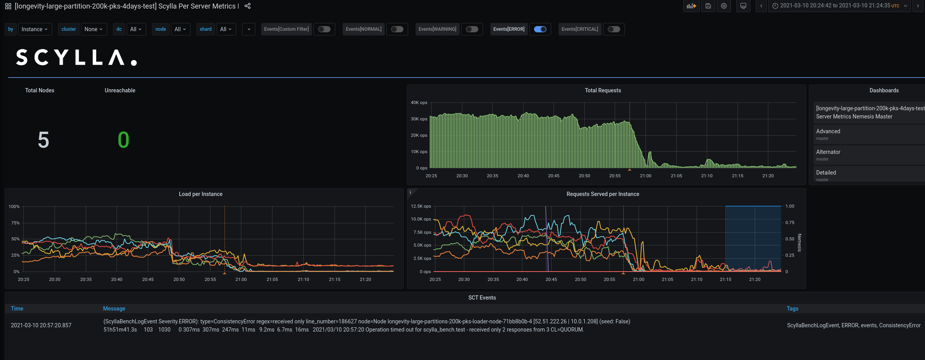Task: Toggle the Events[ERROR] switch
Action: point(540,29)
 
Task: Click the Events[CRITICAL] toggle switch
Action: point(614,29)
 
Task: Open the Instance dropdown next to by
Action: point(35,29)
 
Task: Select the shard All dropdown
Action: point(226,29)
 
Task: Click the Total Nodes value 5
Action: point(43,140)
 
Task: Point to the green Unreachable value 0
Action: point(123,140)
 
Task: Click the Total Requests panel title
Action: point(603,90)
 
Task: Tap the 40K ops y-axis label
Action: point(419,102)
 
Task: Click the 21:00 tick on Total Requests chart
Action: point(646,176)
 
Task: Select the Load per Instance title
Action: point(200,194)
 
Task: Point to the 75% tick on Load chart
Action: point(15,223)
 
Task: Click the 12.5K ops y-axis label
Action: point(421,206)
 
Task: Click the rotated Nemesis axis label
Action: point(799,243)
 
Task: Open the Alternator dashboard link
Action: point(828,152)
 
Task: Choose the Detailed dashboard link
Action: point(826,173)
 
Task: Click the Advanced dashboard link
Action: point(828,131)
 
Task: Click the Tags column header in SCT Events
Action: point(792,309)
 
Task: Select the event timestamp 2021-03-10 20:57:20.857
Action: point(41,325)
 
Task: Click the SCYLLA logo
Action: point(76,58)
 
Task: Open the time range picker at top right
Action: point(839,6)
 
